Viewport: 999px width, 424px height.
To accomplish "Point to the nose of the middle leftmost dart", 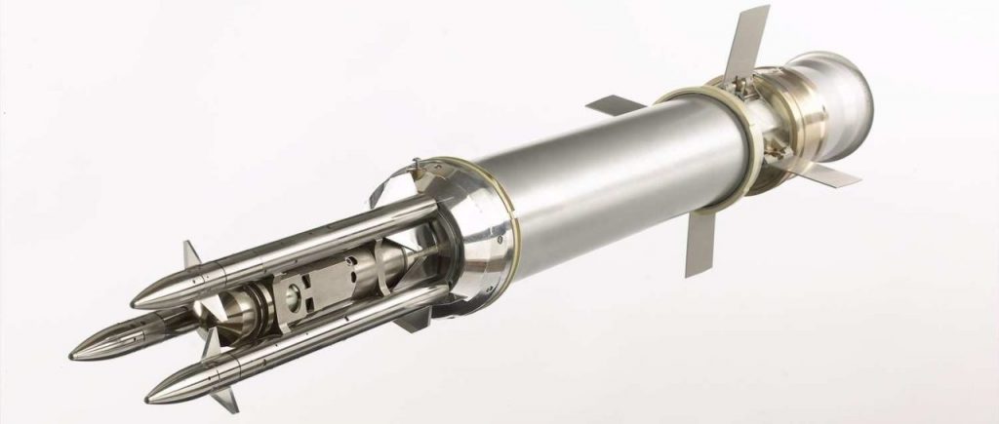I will point(74,355).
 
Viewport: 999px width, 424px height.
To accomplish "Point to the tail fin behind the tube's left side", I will point(616,104).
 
